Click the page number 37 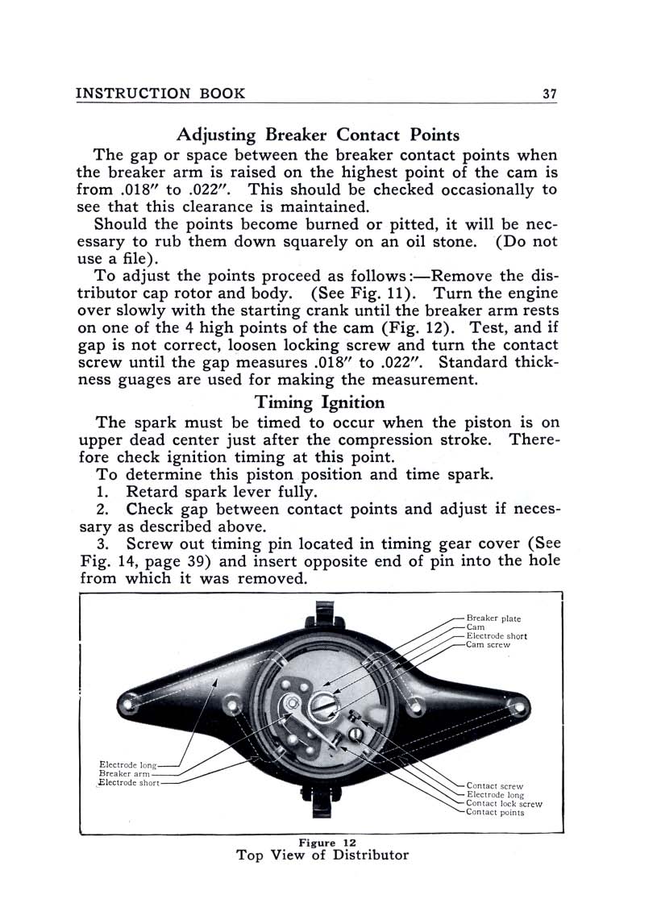click(549, 94)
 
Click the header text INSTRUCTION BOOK click(160, 94)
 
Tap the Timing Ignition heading click(319, 401)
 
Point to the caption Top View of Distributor click(322, 855)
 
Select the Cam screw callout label click(489, 645)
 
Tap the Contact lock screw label click(504, 804)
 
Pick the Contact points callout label click(495, 813)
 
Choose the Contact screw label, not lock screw click(494, 785)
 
